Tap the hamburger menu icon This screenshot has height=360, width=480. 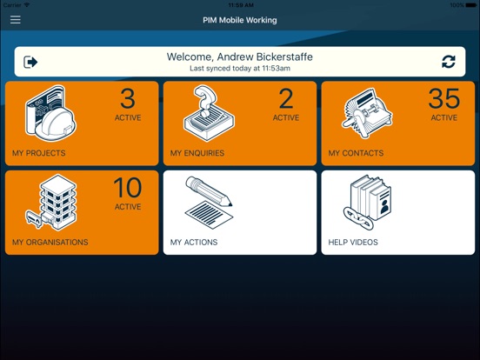tap(16, 20)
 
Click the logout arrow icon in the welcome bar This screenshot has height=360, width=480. tap(30, 62)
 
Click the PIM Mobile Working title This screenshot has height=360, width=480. tap(240, 20)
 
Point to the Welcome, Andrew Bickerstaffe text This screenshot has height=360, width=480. tap(240, 57)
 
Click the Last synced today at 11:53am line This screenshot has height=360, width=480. tap(240, 69)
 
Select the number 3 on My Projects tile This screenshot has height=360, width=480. tap(128, 98)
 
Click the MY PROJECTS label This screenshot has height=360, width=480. tap(39, 153)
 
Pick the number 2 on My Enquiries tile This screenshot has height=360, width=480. tap(286, 98)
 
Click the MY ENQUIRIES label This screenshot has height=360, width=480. tap(197, 153)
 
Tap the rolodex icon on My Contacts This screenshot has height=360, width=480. tap(367, 114)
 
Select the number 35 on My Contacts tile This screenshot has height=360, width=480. tap(443, 98)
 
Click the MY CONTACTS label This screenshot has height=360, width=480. tap(356, 153)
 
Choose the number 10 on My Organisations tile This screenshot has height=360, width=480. tap(128, 188)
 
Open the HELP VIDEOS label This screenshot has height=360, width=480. tap(353, 242)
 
